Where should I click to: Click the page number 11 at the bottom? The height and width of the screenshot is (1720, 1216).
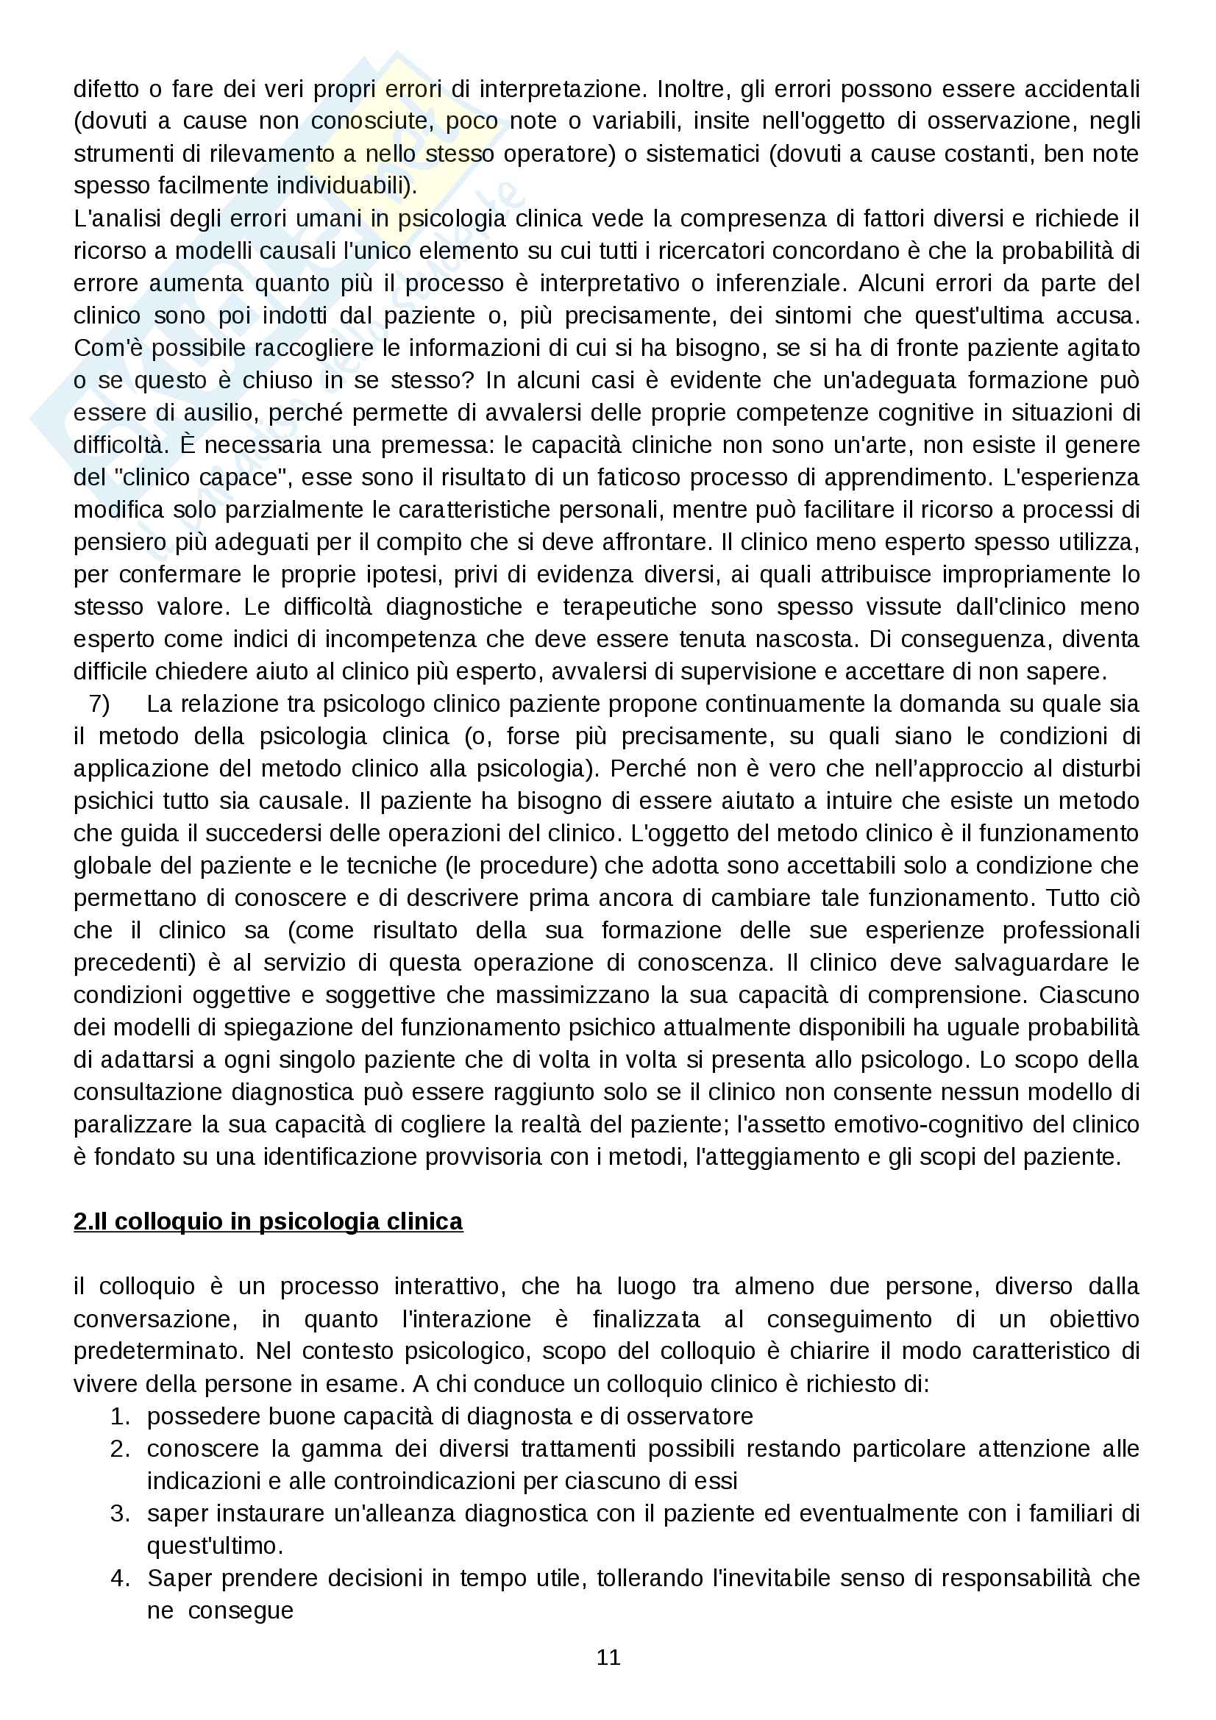[608, 1657]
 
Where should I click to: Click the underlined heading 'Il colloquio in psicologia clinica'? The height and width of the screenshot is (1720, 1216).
[269, 1221]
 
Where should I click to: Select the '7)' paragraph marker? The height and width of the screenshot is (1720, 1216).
[99, 704]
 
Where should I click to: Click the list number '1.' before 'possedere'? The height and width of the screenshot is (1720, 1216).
[121, 1416]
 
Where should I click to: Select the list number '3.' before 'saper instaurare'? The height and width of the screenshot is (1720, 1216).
[121, 1513]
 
